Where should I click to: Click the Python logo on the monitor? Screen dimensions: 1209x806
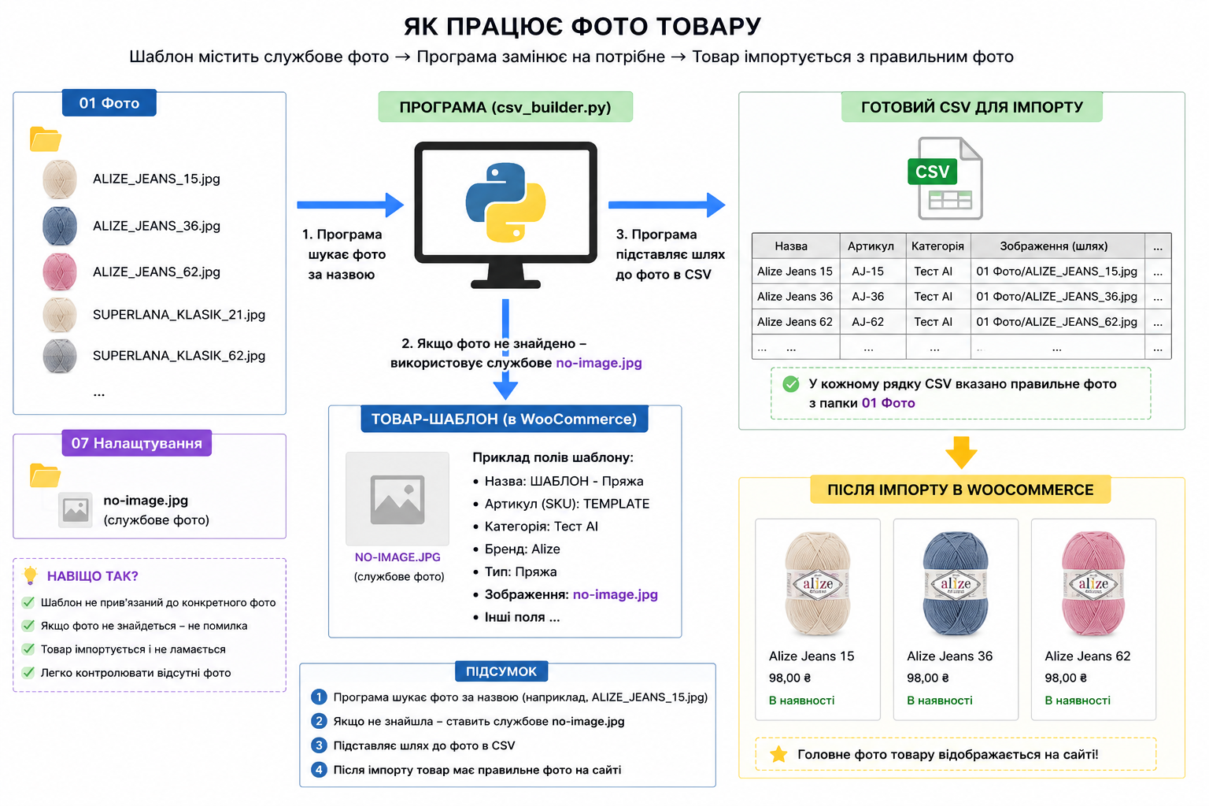click(506, 202)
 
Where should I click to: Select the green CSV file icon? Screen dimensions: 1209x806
click(945, 178)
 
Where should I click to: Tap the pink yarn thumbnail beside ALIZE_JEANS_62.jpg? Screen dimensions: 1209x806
click(59, 272)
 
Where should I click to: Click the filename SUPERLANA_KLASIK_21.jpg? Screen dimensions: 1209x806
click(179, 314)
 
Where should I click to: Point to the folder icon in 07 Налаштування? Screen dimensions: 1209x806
click(45, 475)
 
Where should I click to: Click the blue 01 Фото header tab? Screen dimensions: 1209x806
click(109, 102)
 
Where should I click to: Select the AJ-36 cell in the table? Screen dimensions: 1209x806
click(868, 297)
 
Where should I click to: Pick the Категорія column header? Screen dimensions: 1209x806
click(937, 246)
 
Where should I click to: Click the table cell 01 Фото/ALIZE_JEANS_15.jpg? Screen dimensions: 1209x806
click(1056, 271)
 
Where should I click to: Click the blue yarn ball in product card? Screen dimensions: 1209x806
click(956, 582)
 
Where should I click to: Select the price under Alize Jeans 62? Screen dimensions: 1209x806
click(1066, 678)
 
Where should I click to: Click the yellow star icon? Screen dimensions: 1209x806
click(778, 754)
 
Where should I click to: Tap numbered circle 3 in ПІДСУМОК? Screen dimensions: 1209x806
click(319, 745)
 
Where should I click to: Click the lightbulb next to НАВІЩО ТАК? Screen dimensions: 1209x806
click(30, 575)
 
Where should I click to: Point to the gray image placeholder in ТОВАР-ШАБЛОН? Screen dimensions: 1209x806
click(397, 499)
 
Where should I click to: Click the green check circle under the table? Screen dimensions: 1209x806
click(791, 384)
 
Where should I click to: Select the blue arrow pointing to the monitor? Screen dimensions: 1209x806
click(350, 205)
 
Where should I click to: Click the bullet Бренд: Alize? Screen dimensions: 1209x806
click(516, 549)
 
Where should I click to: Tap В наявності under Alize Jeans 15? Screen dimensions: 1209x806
click(801, 701)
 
